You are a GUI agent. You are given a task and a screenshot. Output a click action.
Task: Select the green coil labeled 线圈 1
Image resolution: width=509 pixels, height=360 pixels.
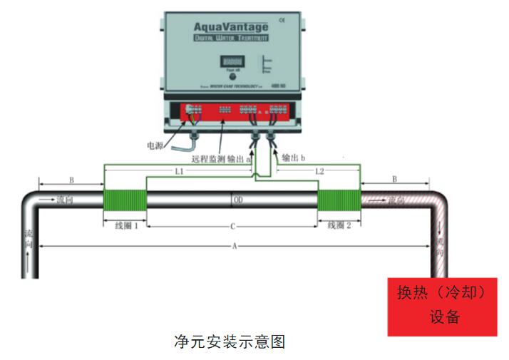125,200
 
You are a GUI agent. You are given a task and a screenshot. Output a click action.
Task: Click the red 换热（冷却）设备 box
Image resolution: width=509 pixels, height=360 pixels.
442,306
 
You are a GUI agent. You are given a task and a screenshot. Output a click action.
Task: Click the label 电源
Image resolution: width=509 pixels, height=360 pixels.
155,145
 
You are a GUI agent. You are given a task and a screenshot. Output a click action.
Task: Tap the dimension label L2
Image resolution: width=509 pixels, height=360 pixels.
319,173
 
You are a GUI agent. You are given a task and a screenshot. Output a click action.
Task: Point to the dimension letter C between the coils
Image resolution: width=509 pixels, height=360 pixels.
232,227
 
